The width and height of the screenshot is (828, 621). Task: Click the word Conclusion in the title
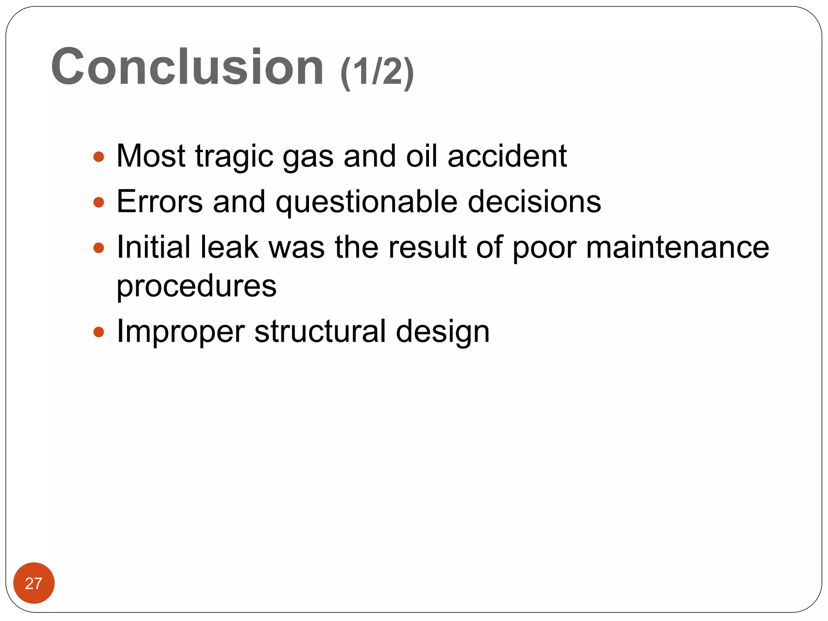click(x=187, y=67)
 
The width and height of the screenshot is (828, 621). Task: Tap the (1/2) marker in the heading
click(x=377, y=72)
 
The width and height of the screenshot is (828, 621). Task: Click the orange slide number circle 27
click(x=34, y=583)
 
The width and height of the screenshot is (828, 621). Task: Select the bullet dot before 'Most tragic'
click(x=99, y=156)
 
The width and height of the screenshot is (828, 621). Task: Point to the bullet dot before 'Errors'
click(x=99, y=202)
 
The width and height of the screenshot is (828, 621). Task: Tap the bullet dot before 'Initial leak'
click(x=99, y=247)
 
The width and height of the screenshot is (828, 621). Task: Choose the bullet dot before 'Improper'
click(x=99, y=332)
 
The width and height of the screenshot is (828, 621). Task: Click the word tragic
click(x=234, y=156)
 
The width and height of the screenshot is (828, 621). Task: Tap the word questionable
click(x=366, y=202)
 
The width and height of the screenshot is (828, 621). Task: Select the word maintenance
click(x=677, y=247)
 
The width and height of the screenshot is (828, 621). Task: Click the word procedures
click(x=196, y=286)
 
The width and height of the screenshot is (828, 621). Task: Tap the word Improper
click(x=180, y=332)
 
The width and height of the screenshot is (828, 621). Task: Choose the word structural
click(x=320, y=332)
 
